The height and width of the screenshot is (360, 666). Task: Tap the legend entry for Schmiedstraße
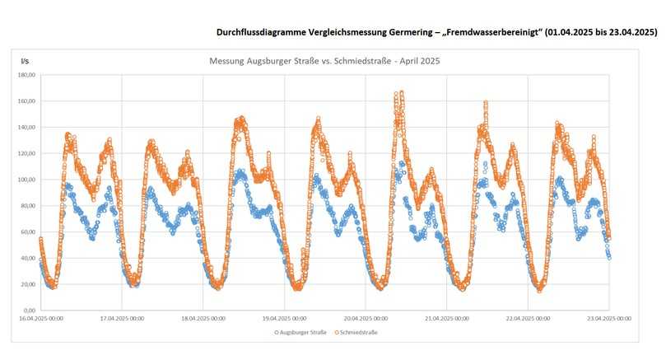coord(360,332)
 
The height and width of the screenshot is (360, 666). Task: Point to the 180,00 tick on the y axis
coord(26,75)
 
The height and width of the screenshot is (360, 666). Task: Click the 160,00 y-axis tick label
coord(26,101)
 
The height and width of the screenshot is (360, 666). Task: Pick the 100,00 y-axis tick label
coord(26,180)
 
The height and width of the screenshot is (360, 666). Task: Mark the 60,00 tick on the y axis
coord(26,232)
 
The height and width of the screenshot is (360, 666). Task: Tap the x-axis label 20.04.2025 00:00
coord(366,319)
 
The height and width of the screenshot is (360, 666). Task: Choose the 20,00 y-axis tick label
coord(26,284)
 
